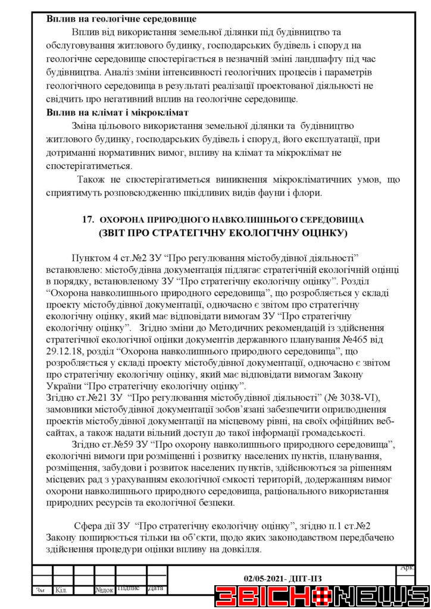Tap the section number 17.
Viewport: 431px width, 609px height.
coord(88,219)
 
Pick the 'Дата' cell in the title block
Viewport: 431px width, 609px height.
coord(155,589)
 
